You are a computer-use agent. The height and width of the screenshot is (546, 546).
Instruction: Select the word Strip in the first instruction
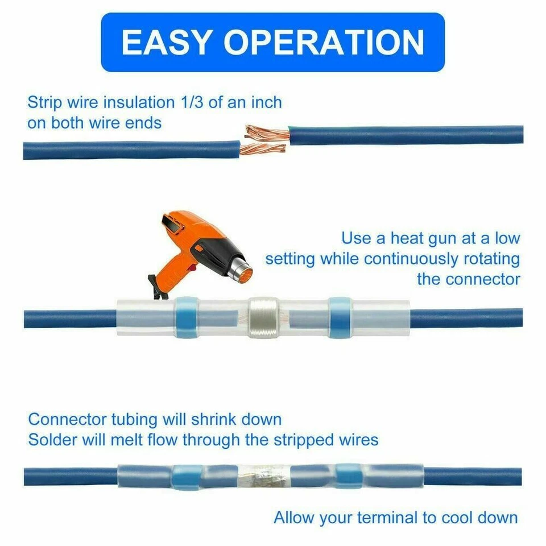(43, 103)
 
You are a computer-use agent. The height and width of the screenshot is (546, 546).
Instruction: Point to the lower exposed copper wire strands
(262, 150)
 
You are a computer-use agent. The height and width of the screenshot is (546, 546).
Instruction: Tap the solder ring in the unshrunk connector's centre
(263, 317)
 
